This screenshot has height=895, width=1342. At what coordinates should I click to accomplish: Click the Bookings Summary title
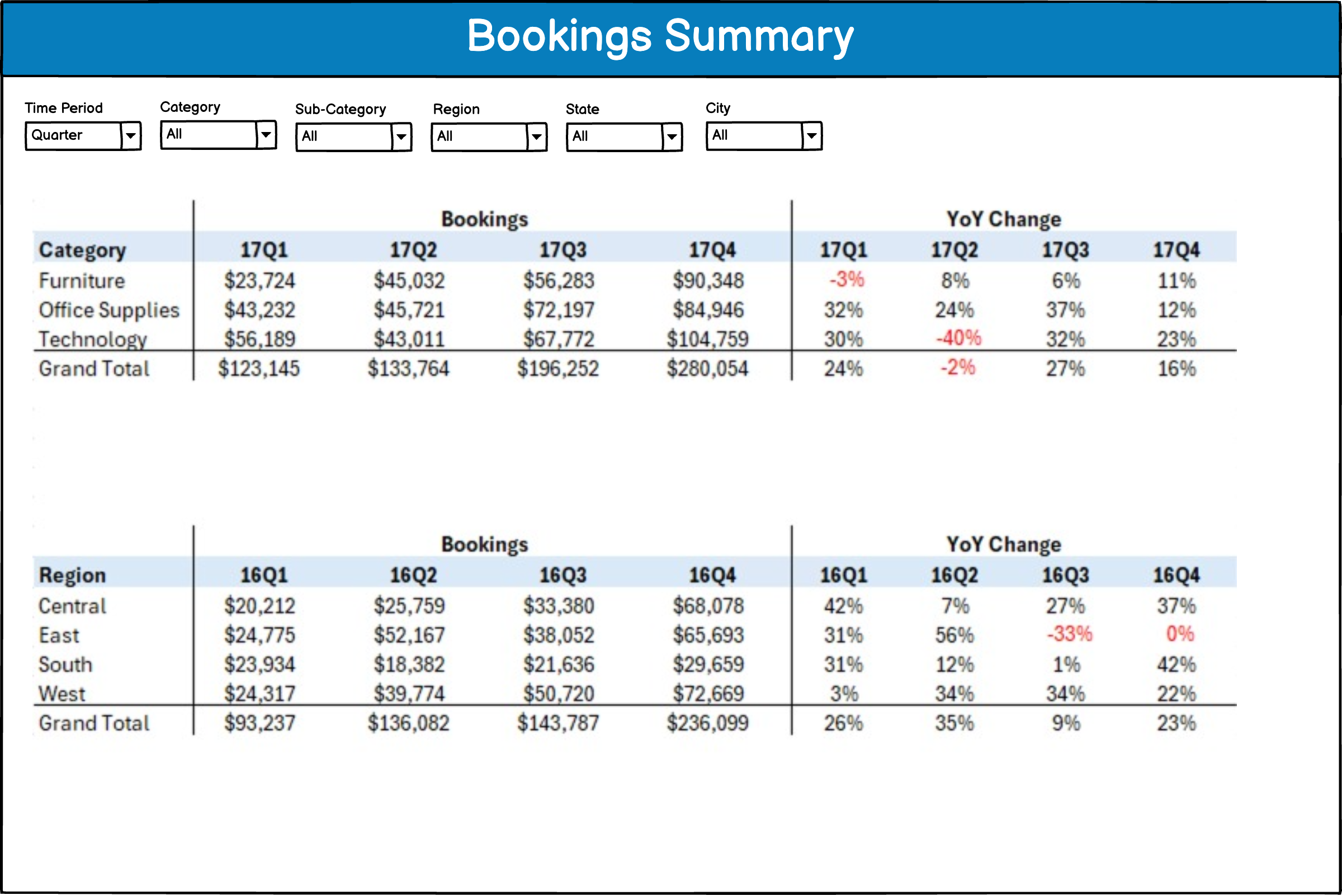pyautogui.click(x=660, y=36)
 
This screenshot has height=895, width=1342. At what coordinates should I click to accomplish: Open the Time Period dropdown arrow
pyautogui.click(x=131, y=136)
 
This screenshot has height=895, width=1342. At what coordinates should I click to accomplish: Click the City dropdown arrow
pyautogui.click(x=811, y=136)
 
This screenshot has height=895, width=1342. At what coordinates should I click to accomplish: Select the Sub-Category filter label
pyautogui.click(x=340, y=109)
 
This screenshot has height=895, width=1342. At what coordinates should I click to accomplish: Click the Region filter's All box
pyautogui.click(x=479, y=136)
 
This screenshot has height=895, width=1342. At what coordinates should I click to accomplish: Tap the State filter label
pyautogui.click(x=582, y=109)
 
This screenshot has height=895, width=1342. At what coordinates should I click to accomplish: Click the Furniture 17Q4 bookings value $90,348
pyautogui.click(x=708, y=281)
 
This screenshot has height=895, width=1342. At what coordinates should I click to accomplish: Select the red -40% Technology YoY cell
pyautogui.click(x=958, y=338)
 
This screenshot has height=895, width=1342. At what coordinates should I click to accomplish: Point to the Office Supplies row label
pyautogui.click(x=109, y=310)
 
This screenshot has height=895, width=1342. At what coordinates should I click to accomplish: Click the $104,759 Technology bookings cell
pyautogui.click(x=707, y=339)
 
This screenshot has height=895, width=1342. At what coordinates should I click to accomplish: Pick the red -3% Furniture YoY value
pyautogui.click(x=847, y=280)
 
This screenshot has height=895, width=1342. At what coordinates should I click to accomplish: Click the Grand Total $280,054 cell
pyautogui.click(x=707, y=369)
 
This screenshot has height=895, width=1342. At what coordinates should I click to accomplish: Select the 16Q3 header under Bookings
pyautogui.click(x=563, y=575)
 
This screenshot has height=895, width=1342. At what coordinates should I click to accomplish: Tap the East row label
pyautogui.click(x=59, y=635)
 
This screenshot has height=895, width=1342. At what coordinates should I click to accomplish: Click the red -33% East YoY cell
pyautogui.click(x=1069, y=634)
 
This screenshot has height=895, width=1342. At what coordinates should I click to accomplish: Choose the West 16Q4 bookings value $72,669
pyautogui.click(x=708, y=694)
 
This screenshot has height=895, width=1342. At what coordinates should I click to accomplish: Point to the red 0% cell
pyautogui.click(x=1179, y=634)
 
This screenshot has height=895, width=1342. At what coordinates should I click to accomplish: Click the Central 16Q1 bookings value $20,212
pyautogui.click(x=259, y=606)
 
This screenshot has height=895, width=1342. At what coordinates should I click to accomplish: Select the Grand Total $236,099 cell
pyautogui.click(x=707, y=723)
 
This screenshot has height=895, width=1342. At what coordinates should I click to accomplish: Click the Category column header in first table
pyautogui.click(x=82, y=250)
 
